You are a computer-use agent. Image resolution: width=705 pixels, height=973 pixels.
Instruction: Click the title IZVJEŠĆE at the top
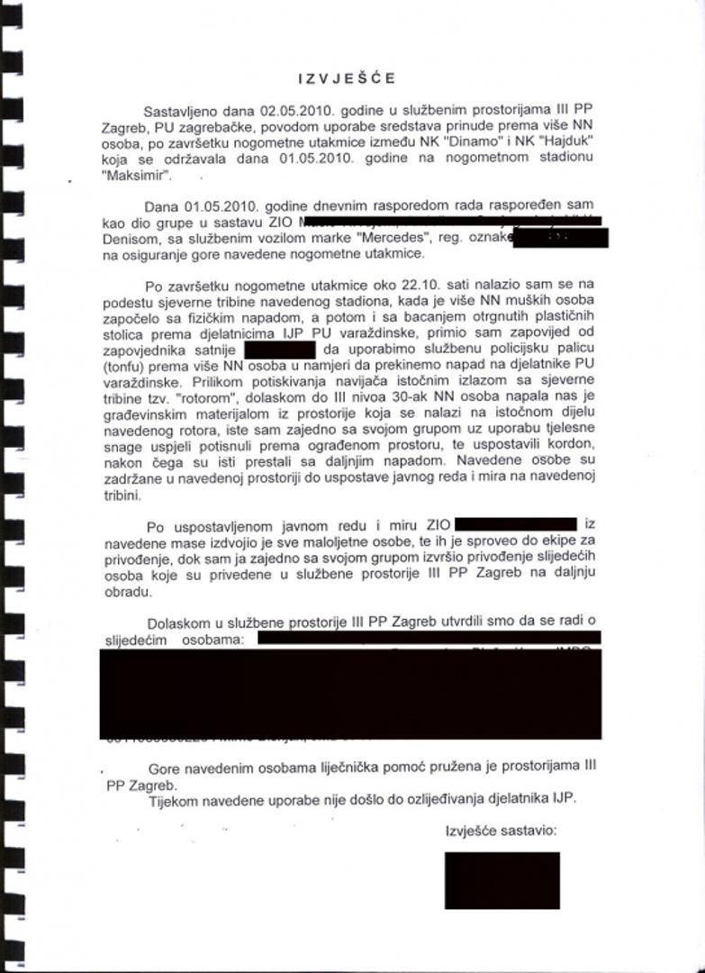click(346, 79)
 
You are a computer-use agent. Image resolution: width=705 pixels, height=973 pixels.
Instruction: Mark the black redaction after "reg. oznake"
click(559, 238)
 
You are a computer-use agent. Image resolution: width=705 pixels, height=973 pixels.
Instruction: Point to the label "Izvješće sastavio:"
click(502, 829)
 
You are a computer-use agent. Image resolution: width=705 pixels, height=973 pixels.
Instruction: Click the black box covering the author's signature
click(488, 879)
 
